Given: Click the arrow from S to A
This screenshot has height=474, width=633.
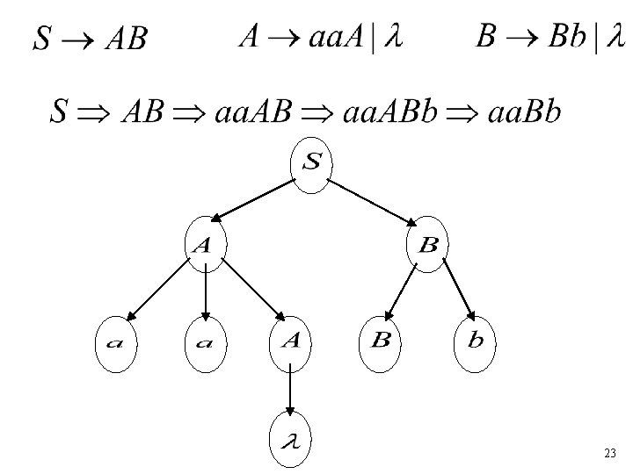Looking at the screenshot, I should [254, 198].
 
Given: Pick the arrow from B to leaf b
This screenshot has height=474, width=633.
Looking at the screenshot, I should [458, 289].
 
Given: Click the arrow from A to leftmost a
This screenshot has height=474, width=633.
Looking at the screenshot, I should [159, 291].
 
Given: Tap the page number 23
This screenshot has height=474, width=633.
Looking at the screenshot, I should [610, 454].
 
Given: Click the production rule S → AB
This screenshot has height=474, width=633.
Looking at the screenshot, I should [91, 38].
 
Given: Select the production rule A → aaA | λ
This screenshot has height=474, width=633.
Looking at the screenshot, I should [321, 39].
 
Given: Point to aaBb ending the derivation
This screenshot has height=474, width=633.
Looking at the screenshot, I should [520, 113].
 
